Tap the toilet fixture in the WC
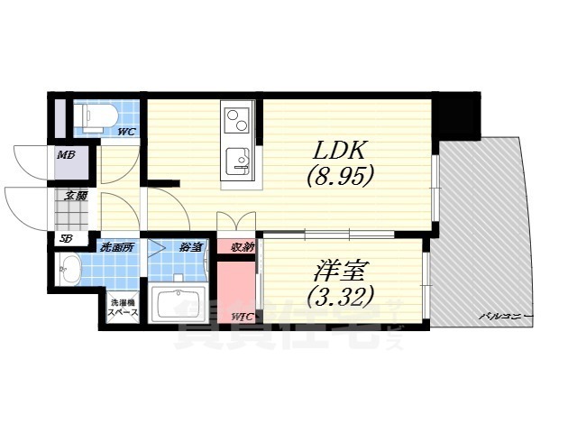(95, 115)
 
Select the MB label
(66, 156)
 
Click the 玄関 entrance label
(75, 195)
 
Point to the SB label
(65, 238)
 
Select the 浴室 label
(189, 246)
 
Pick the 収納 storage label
(242, 246)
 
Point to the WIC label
(242, 316)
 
